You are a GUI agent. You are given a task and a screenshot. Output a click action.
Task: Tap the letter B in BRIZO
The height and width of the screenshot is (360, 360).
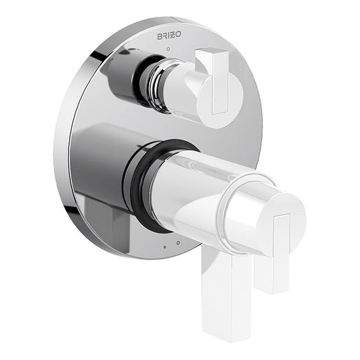(159, 34)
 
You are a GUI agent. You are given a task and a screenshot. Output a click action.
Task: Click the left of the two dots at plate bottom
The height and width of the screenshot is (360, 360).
(164, 246)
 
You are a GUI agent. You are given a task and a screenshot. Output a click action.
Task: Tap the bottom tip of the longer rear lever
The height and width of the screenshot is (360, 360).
(229, 334)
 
